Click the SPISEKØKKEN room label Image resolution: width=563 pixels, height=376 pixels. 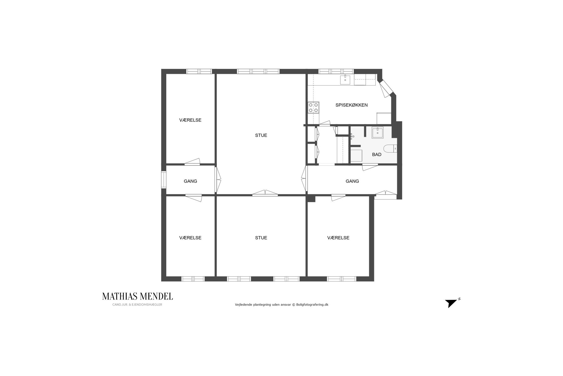coord(351,105)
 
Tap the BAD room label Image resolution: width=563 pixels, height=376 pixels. coord(377,154)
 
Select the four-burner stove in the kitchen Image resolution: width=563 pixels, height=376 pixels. coord(313,107)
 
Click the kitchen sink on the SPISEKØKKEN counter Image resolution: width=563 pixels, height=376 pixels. coord(345,80)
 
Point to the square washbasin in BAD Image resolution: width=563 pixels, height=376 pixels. coord(378,133)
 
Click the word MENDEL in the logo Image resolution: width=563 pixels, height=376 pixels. coord(156,296)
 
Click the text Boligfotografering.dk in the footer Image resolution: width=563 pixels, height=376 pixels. coord(312,305)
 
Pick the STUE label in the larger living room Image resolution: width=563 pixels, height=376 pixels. coord(261,135)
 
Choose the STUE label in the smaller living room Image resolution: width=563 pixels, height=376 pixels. coord(261,238)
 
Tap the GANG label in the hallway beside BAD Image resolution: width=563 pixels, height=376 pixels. coord(352,181)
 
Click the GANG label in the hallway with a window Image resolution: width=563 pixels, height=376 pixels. coord(190,181)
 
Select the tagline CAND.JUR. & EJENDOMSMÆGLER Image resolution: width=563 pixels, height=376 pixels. coord(137,305)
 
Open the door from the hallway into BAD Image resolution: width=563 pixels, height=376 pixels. coord(370,167)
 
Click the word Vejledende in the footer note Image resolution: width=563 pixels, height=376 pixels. coord(243,305)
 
